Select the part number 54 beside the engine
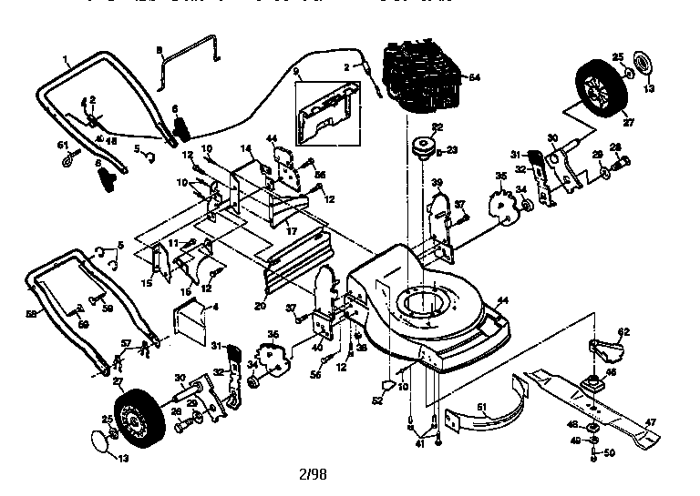coord(474,78)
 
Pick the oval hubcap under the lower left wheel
coord(99,443)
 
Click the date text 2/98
coord(313,474)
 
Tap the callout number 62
coord(624,331)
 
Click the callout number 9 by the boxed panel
coord(295,71)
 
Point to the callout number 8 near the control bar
coord(160,48)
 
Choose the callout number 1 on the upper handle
coord(67,60)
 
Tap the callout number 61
coord(63,146)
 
